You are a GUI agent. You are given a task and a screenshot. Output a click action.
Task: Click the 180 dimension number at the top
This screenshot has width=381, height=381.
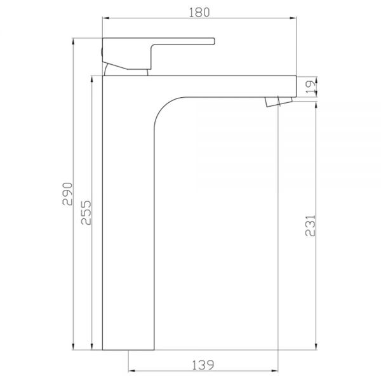pos(199,13)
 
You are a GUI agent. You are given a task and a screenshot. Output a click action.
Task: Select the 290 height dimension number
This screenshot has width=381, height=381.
pos(67,194)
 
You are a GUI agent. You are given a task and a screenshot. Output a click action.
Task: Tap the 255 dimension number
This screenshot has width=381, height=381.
pos(86,213)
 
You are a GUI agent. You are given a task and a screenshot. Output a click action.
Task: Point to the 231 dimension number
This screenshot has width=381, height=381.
pos(310,225)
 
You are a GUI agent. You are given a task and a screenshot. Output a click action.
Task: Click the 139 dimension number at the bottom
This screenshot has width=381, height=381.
pos(203,364)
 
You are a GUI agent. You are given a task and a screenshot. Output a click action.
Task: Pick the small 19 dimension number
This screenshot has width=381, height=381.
pos(311,87)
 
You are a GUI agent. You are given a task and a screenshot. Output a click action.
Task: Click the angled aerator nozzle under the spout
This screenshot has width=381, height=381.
pos(279,102)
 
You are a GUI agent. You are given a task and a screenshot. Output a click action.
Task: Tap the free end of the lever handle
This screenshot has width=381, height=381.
pos(215,41)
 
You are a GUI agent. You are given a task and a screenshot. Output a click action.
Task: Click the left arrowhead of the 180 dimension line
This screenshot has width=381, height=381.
pos(105,18)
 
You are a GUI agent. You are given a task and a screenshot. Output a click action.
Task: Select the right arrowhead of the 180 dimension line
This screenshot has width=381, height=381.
pos(293,18)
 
